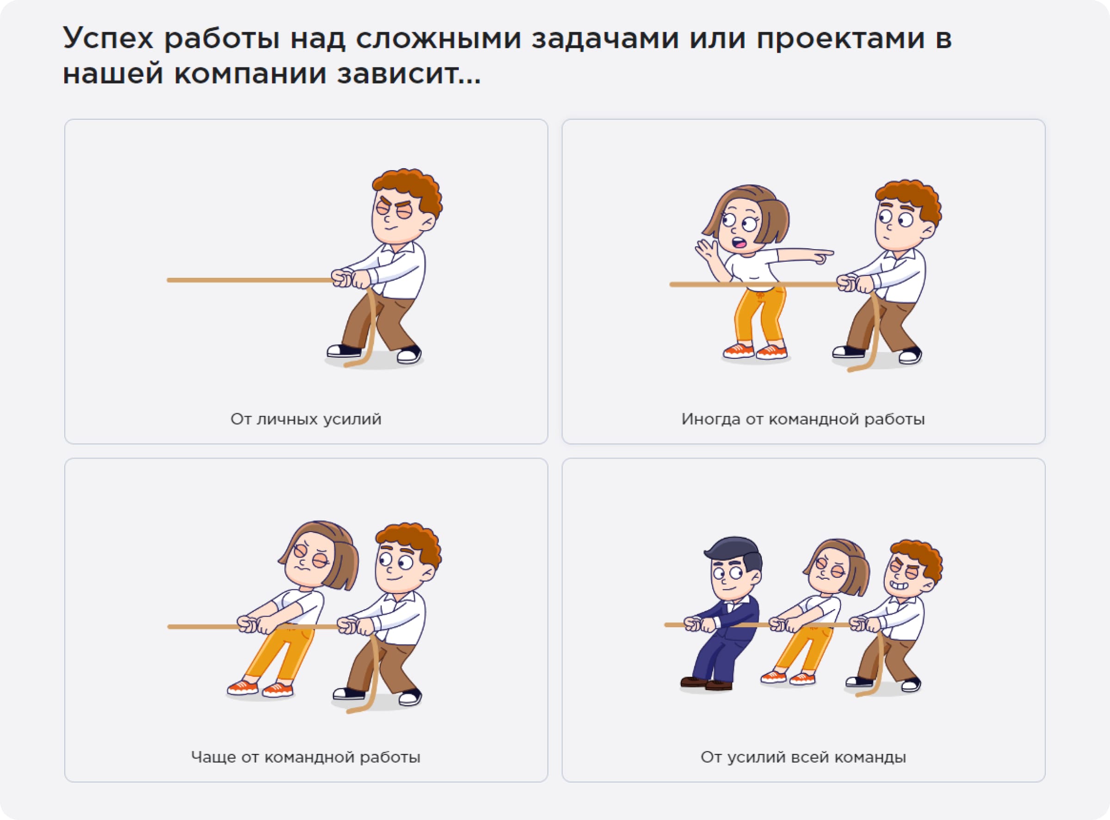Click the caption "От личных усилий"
click(305, 419)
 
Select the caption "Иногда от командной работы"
click(802, 419)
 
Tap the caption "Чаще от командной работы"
click(305, 757)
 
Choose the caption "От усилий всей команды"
click(802, 757)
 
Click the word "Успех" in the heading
click(108, 39)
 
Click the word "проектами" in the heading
click(840, 39)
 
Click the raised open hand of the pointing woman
click(705, 250)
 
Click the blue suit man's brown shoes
click(706, 684)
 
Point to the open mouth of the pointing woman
click(740, 243)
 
